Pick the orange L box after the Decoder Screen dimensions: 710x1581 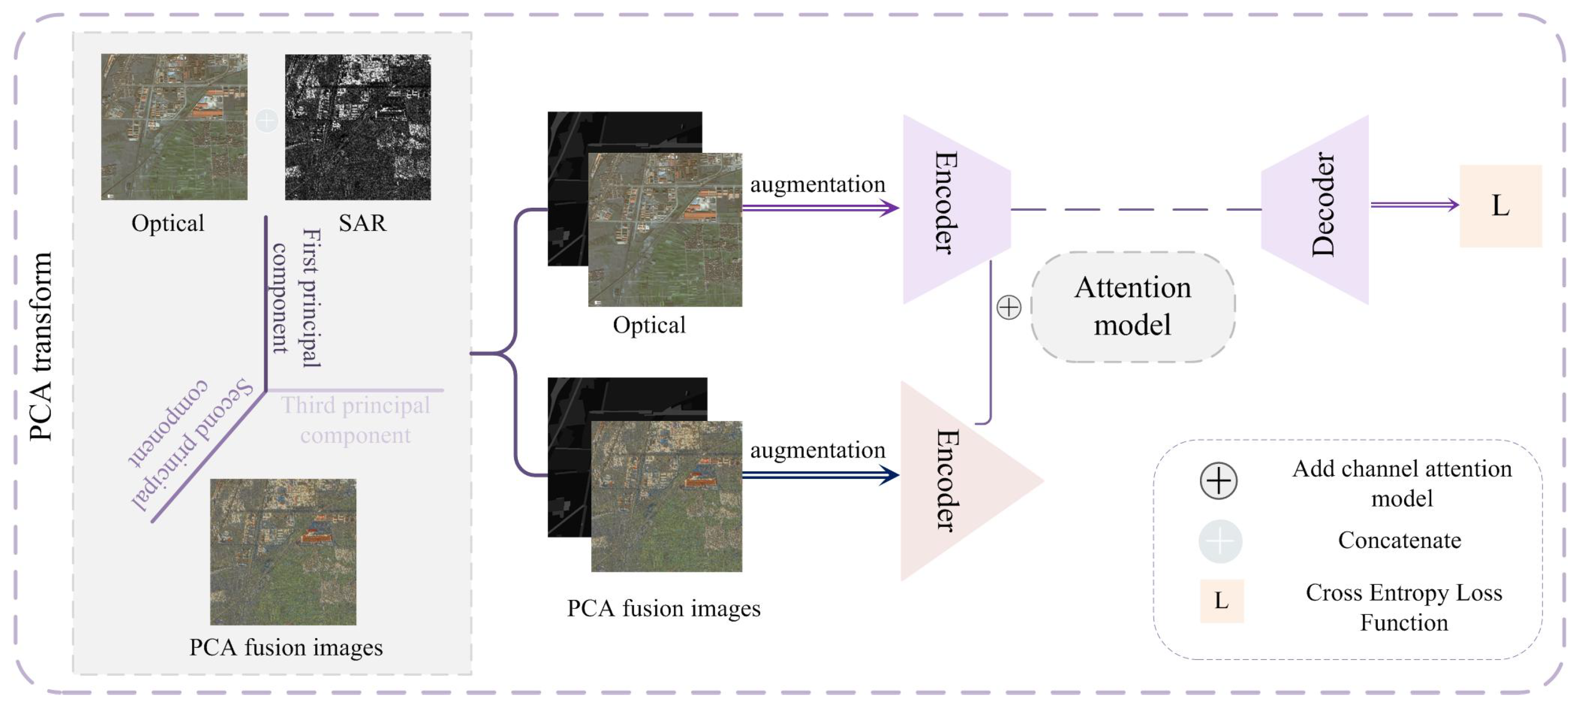pyautogui.click(x=1500, y=206)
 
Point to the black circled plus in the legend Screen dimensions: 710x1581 pyautogui.click(x=1218, y=480)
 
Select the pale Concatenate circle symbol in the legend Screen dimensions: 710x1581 pyautogui.click(x=1220, y=541)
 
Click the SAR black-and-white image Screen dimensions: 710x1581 pyautogui.click(x=358, y=127)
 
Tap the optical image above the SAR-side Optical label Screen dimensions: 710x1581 pyautogui.click(x=175, y=127)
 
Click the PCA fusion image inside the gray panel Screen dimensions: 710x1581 pyautogui.click(x=283, y=551)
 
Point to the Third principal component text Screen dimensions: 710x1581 pyautogui.click(x=355, y=420)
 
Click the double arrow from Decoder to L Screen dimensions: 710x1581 pyautogui.click(x=1414, y=204)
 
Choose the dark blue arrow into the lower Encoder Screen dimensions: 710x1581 pyautogui.click(x=820, y=475)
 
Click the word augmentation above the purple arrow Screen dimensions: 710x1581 pyautogui.click(x=817, y=183)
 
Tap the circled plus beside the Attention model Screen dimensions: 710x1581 pyautogui.click(x=1009, y=307)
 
